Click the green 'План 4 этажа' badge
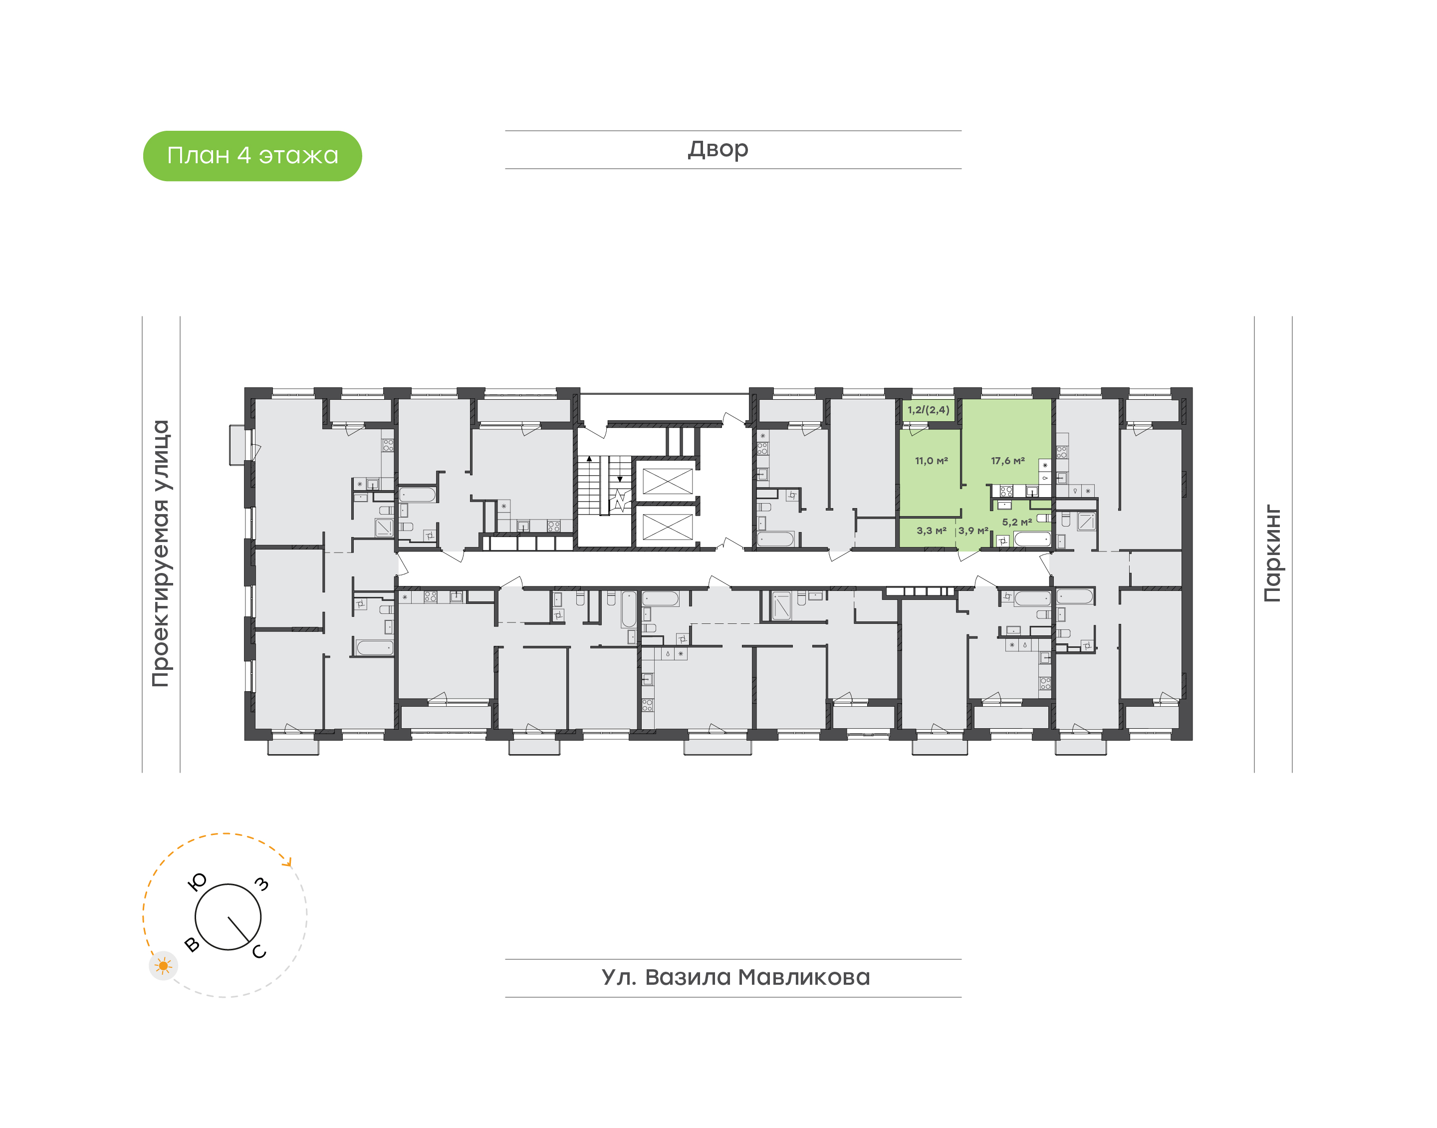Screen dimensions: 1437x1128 252,156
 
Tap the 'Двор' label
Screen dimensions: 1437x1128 718,149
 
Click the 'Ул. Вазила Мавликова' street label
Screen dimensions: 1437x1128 735,977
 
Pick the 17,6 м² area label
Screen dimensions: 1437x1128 1007,461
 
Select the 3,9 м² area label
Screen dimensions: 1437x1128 973,531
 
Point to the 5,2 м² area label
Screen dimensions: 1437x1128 1016,522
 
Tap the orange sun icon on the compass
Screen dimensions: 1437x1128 163,966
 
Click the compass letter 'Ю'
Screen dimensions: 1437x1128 198,881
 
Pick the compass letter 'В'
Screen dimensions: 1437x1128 192,944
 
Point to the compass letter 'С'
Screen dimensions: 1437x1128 259,951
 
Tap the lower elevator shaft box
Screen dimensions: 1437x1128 667,527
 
